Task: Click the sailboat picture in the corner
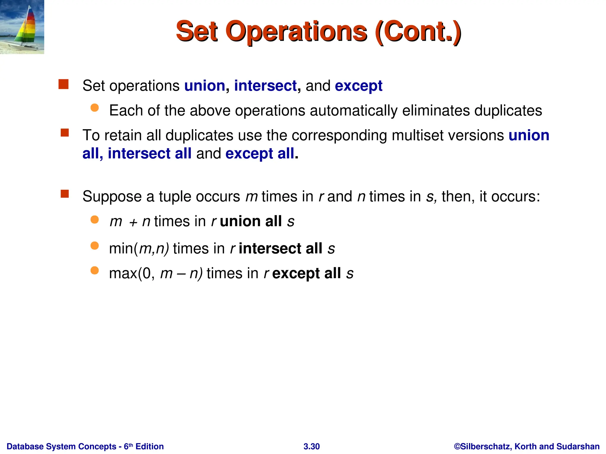[x=22, y=27]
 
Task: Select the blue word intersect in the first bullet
[x=265, y=86]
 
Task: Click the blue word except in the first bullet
[x=358, y=86]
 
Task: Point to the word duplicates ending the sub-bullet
[x=508, y=111]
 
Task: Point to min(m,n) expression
[x=139, y=248]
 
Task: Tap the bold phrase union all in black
[x=251, y=221]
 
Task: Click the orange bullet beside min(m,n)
[x=95, y=246]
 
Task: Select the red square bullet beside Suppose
[x=65, y=194]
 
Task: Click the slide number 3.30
[x=312, y=446]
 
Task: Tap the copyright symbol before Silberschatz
[x=457, y=446]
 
